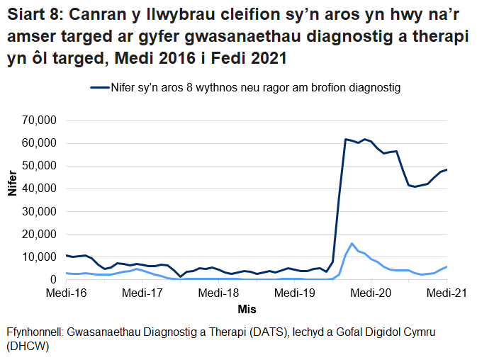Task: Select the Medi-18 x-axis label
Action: tap(218, 292)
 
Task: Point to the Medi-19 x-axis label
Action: tap(294, 292)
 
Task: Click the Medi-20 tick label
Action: tap(371, 292)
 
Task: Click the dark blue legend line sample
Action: tap(99, 89)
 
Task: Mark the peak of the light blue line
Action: tap(352, 243)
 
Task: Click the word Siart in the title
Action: tap(26, 13)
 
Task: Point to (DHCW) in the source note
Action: tap(26, 347)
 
